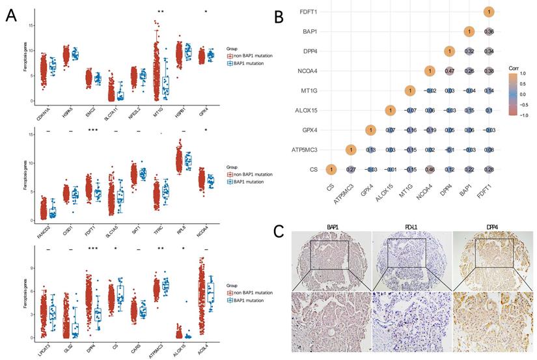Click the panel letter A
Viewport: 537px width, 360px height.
(x=11, y=16)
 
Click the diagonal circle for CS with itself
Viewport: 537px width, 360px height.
(x=331, y=169)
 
